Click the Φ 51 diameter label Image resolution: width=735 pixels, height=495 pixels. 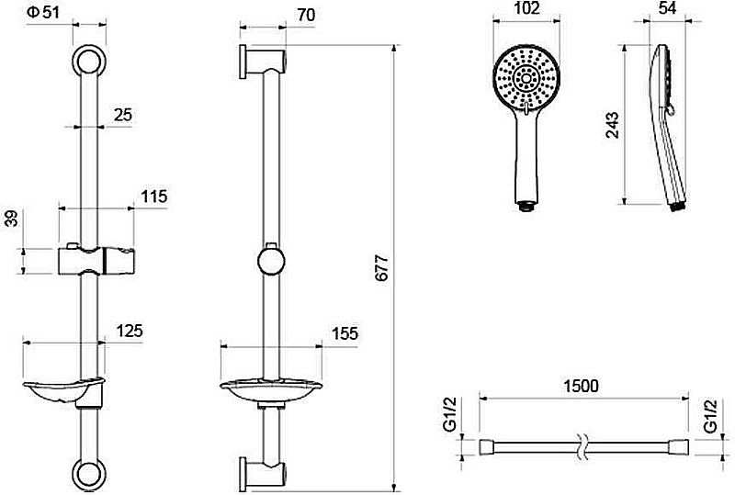point(43,12)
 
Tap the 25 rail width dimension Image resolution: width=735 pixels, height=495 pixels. point(123,115)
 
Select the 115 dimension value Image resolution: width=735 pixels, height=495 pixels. point(154,197)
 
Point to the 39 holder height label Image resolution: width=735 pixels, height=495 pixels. point(12,219)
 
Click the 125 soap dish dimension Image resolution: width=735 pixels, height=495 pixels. point(130,331)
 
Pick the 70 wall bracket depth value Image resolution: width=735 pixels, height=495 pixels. point(306,15)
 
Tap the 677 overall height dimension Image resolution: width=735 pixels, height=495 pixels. point(382,267)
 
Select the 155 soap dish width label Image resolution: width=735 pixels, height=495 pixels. point(345,333)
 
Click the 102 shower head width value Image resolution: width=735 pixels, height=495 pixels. point(526,8)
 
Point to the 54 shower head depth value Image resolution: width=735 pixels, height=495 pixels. point(667,8)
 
